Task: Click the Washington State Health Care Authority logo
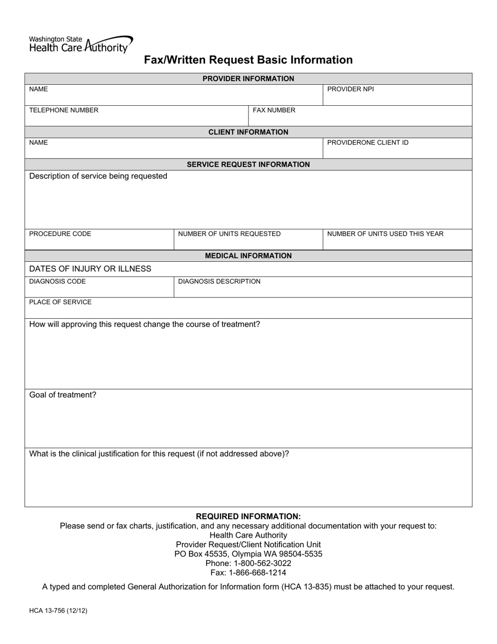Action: pyautogui.click(x=81, y=45)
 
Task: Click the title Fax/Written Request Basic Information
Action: pyautogui.click(x=248, y=60)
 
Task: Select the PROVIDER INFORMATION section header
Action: pyautogui.click(x=248, y=79)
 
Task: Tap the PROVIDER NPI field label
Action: pyautogui.click(x=351, y=89)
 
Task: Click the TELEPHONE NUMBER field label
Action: pyautogui.click(x=63, y=110)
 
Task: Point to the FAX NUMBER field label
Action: pyautogui.click(x=274, y=110)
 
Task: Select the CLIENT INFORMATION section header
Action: pyautogui.click(x=248, y=132)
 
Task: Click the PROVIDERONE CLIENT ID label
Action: pyautogui.click(x=368, y=142)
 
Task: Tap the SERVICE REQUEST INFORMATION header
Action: pyautogui.click(x=248, y=164)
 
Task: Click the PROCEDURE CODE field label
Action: pyautogui.click(x=60, y=234)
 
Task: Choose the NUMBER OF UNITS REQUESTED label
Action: pyautogui.click(x=229, y=234)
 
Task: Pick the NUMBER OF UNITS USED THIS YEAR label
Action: pyautogui.click(x=385, y=234)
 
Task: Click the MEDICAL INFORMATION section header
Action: pyautogui.click(x=248, y=256)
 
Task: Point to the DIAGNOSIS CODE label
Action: pyautogui.click(x=58, y=281)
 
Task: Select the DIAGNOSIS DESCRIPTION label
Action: pyautogui.click(x=219, y=281)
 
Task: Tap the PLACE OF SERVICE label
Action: pyautogui.click(x=60, y=302)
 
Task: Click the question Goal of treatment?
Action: pyautogui.click(x=63, y=395)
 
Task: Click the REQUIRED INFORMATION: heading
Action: pyautogui.click(x=248, y=516)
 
